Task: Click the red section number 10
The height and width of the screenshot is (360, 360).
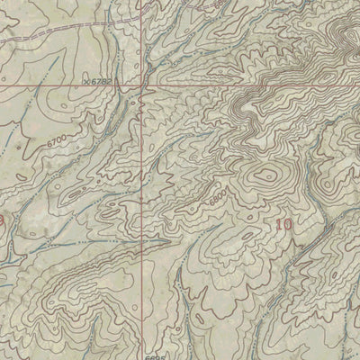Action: [283, 224]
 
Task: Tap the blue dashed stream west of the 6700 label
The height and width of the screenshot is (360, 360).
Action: [18, 144]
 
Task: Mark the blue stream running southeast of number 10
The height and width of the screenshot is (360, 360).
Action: [315, 261]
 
